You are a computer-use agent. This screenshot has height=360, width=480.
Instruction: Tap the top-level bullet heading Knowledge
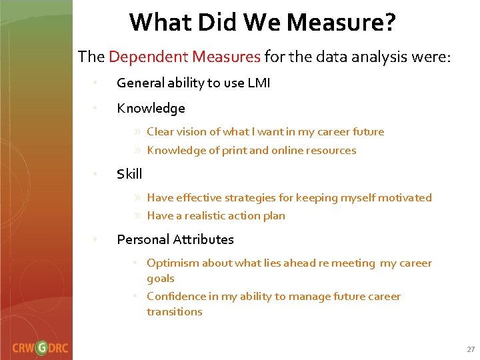pyautogui.click(x=151, y=108)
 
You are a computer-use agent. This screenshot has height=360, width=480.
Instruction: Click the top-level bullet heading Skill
pyautogui.click(x=129, y=174)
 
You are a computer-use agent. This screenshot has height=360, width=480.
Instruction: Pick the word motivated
pyautogui.click(x=407, y=198)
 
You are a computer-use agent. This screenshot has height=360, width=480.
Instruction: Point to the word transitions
pyautogui.click(x=174, y=312)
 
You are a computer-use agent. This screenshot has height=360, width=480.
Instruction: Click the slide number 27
pyautogui.click(x=471, y=349)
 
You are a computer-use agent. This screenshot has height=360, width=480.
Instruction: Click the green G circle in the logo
pyautogui.click(x=41, y=347)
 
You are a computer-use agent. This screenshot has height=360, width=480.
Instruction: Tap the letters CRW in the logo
pyautogui.click(x=23, y=347)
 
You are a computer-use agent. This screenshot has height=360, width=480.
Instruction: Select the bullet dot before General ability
pyautogui.click(x=96, y=83)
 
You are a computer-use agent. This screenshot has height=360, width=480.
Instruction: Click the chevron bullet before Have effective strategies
pyautogui.click(x=137, y=198)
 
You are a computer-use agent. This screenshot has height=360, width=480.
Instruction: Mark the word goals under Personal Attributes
pyautogui.click(x=160, y=279)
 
